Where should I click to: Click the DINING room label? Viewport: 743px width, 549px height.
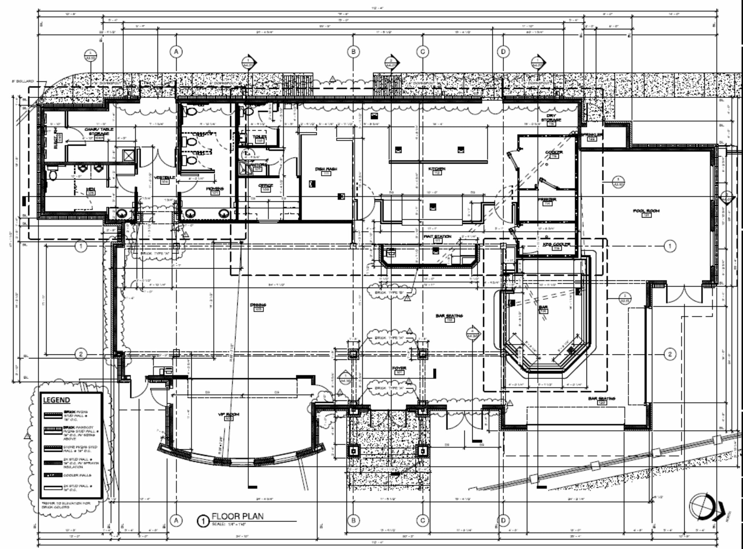pyautogui.click(x=258, y=305)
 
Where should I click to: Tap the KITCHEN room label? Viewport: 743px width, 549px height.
pyautogui.click(x=436, y=169)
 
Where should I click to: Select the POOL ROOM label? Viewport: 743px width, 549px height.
pyautogui.click(x=646, y=211)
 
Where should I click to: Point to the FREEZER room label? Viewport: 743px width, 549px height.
pyautogui.click(x=547, y=200)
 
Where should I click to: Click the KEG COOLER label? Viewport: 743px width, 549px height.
pyautogui.click(x=556, y=244)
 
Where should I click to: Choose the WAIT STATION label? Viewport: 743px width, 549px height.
pyautogui.click(x=437, y=236)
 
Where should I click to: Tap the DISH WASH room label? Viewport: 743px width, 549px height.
pyautogui.click(x=326, y=169)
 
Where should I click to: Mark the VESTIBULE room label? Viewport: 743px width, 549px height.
pyautogui.click(x=164, y=178)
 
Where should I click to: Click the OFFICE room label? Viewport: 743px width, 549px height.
pyautogui.click(x=265, y=186)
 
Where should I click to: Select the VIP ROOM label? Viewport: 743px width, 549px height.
pyautogui.click(x=228, y=414)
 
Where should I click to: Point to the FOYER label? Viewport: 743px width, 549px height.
pyautogui.click(x=399, y=368)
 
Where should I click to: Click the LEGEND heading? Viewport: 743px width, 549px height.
pyautogui.click(x=56, y=400)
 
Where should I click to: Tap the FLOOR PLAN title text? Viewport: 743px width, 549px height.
pyautogui.click(x=237, y=516)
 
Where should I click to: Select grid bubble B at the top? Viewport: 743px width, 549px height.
pyautogui.click(x=353, y=51)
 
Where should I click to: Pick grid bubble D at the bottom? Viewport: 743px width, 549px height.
pyautogui.click(x=503, y=521)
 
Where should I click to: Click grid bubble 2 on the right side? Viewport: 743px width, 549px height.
pyautogui.click(x=670, y=354)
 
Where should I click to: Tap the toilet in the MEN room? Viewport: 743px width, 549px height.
pyautogui.click(x=53, y=175)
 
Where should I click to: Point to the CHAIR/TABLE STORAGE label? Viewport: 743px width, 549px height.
pyautogui.click(x=99, y=131)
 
